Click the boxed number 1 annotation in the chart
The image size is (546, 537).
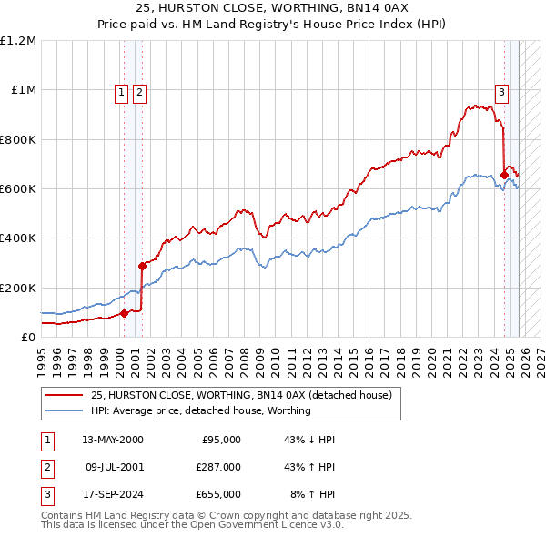click(x=121, y=91)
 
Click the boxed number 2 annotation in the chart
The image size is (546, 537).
click(x=139, y=91)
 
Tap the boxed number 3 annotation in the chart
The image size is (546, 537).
click(x=501, y=91)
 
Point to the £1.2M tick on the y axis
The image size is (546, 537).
click(x=18, y=41)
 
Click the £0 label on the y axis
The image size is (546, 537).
click(x=28, y=337)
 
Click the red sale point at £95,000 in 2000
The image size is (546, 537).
click(x=125, y=314)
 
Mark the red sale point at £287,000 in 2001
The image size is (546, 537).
click(x=142, y=267)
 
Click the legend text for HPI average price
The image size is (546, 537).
click(x=200, y=410)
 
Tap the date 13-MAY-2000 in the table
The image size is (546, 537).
click(x=113, y=440)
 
